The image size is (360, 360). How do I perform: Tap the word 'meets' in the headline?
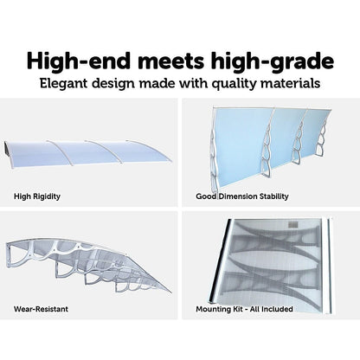(170, 61)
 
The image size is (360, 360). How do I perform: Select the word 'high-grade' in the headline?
(272, 61)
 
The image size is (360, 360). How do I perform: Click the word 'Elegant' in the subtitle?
(63, 83)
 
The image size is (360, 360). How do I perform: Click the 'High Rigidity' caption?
(37, 196)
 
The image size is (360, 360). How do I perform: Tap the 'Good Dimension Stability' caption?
(242, 196)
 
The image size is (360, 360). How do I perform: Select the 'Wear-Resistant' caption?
(41, 309)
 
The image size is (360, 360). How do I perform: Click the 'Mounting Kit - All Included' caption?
(244, 309)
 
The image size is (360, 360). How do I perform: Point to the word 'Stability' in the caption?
(273, 196)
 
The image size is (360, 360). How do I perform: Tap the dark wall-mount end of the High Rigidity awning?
(7, 149)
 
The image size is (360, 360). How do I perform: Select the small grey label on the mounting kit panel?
(292, 224)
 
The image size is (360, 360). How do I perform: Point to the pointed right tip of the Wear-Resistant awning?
(170, 291)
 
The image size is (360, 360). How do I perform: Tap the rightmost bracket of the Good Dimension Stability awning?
(322, 141)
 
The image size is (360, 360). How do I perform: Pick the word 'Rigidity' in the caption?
(47, 196)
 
